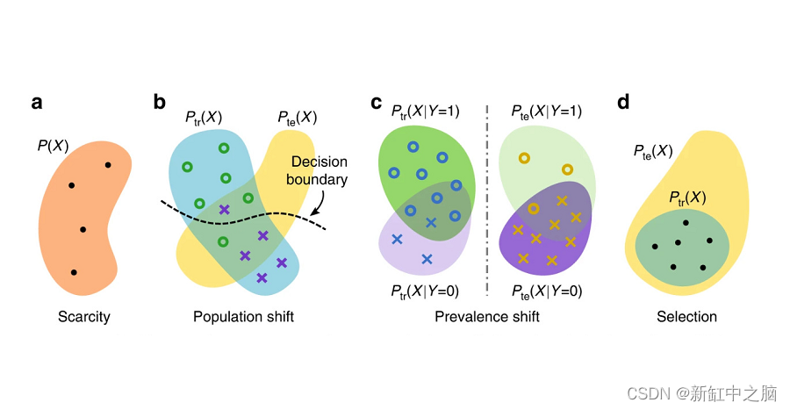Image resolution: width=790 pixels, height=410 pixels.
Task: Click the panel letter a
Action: [37, 103]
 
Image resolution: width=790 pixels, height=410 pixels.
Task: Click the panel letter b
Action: [160, 103]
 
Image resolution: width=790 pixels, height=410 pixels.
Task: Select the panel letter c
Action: [376, 103]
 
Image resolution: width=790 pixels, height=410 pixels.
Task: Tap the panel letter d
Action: [624, 103]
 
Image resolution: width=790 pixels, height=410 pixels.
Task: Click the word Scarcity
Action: [83, 317]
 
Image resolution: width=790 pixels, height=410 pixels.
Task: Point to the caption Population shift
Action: [243, 317]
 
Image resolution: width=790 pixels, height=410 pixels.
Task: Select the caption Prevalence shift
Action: [486, 317]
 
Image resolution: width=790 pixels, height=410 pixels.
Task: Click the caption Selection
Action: [686, 317]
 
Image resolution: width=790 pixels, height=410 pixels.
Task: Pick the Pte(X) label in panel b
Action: [297, 118]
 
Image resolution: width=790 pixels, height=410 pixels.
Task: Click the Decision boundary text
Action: [320, 171]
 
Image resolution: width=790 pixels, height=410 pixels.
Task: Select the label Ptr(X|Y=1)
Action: [426, 111]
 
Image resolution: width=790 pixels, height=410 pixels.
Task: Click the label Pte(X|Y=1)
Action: [546, 111]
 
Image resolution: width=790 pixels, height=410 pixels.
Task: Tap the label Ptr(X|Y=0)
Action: [426, 291]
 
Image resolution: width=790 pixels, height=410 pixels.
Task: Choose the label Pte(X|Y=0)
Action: [546, 291]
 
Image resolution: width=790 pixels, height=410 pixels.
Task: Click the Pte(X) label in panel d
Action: [653, 152]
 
